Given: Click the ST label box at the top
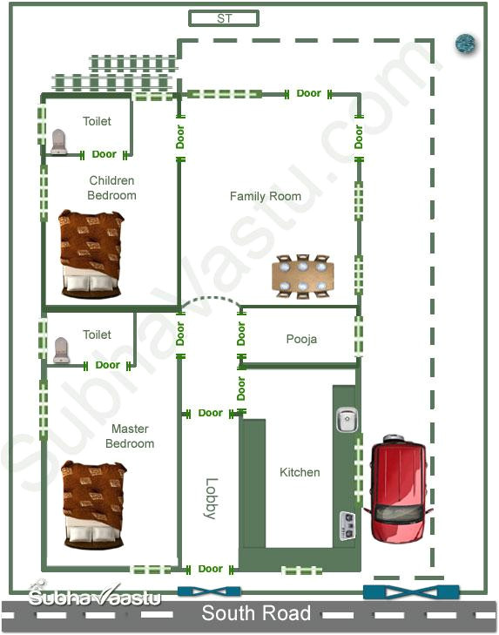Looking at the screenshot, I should tap(224, 18).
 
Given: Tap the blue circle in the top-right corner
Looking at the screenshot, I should tap(466, 43).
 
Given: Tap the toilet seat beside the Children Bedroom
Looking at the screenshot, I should tap(59, 142).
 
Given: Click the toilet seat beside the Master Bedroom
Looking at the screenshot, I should tap(61, 350).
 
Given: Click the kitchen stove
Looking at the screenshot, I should tap(347, 525).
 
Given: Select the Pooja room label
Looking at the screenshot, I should tap(301, 339).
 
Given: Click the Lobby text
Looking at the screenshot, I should tap(210, 499).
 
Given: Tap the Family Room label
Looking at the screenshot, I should tap(266, 196).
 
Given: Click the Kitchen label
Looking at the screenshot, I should tap(300, 472).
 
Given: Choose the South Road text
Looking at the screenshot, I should tap(256, 613).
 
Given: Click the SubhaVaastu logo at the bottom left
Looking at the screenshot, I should tap(83, 597).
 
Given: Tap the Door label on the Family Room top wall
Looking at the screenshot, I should tap(308, 93).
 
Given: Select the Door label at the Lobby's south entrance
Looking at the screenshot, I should tap(210, 569).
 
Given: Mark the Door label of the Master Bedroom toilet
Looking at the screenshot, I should tap(108, 365).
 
